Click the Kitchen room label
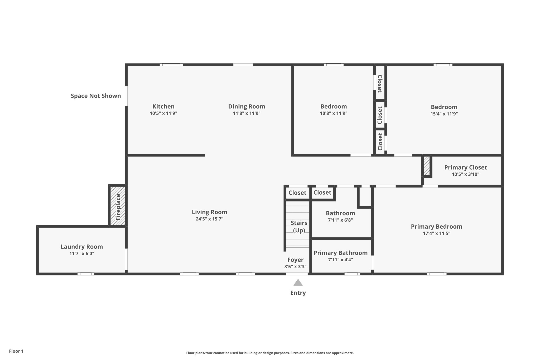[x=163, y=107]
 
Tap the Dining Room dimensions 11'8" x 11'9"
[x=247, y=113]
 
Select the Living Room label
[x=209, y=212]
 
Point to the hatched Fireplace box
[x=118, y=206]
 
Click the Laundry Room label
[x=82, y=247]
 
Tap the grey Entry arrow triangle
[x=298, y=282]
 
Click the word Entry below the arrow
[x=298, y=293]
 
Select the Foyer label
[x=295, y=260]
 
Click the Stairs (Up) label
[x=299, y=227]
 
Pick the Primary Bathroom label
[x=340, y=253]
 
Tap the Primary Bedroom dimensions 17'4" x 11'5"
[x=436, y=233]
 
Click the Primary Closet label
[x=465, y=167]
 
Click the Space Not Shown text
[x=96, y=96]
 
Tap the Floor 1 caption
[x=16, y=351]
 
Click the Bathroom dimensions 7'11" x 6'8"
[x=340, y=220]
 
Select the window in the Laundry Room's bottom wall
[x=86, y=274]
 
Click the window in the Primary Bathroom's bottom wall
[x=352, y=274]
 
